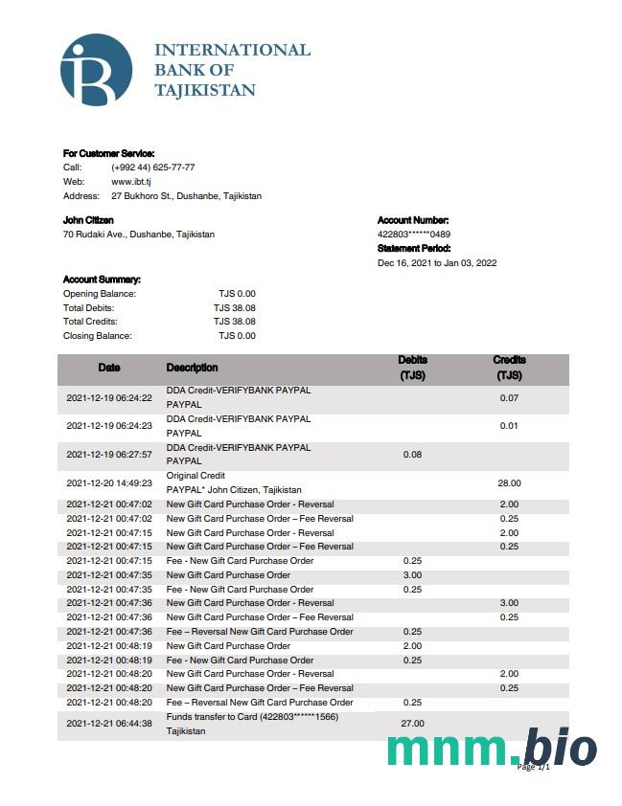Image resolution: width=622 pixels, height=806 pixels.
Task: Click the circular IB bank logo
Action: [x=96, y=69]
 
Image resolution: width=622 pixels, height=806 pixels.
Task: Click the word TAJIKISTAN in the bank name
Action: [x=205, y=91]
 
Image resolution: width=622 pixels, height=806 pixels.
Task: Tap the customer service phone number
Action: [x=153, y=167]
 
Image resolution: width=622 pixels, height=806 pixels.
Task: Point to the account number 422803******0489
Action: [x=414, y=235]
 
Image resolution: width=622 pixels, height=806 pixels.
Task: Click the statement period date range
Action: [x=437, y=263]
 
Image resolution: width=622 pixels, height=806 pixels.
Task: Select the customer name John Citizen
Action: [x=88, y=220]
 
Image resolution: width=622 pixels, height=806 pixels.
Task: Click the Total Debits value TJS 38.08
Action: [x=235, y=308]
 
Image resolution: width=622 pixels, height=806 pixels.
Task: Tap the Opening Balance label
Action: [x=100, y=294]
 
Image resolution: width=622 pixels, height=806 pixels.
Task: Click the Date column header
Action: [x=109, y=368]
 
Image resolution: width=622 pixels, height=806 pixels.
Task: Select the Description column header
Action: [x=192, y=368]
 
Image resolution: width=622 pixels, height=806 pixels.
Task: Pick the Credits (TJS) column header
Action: [x=509, y=369]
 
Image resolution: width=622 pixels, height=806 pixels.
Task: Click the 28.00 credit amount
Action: [x=509, y=483]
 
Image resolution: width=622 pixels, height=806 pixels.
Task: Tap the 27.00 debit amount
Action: [x=412, y=724]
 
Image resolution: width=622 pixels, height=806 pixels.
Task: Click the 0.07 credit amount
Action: [x=509, y=397]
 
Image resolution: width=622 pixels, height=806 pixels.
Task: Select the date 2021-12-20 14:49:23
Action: [x=109, y=483]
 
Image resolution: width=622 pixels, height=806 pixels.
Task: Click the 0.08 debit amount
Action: [x=412, y=455]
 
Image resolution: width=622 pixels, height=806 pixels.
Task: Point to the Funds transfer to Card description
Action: [x=252, y=716]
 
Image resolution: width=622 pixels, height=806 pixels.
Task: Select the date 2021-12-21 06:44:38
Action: [x=109, y=724]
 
